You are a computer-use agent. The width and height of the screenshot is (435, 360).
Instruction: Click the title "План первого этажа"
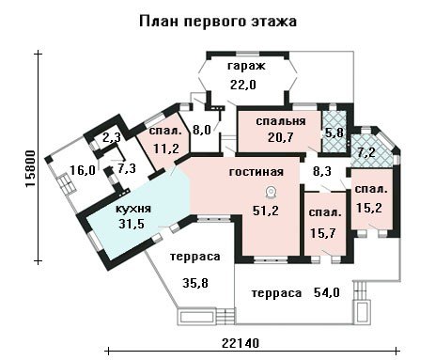pyautogui.click(x=218, y=22)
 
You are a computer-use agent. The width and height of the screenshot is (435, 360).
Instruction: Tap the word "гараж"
pyautogui.click(x=246, y=66)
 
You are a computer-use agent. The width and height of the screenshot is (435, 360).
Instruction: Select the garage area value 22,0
pyautogui.click(x=243, y=85)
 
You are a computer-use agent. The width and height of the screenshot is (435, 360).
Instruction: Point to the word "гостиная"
pyautogui.click(x=256, y=172)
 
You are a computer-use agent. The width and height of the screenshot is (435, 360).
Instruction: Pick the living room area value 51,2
pyautogui.click(x=266, y=211)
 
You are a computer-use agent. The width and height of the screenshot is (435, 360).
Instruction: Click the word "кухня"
pyautogui.click(x=133, y=209)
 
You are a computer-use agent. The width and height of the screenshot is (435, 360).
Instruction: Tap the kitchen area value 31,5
pyautogui.click(x=132, y=224)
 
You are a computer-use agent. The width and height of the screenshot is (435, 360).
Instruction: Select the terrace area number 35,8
pyautogui.click(x=195, y=283)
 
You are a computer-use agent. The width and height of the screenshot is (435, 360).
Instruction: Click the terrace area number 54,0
pyautogui.click(x=327, y=292)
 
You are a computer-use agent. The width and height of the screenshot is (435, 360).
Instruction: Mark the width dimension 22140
pyautogui.click(x=241, y=343)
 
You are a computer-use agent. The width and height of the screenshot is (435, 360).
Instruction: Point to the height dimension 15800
pyautogui.click(x=30, y=169)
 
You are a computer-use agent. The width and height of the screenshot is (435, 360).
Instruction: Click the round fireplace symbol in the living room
pyautogui.click(x=271, y=193)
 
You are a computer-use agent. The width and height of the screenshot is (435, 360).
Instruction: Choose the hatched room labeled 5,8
pyautogui.click(x=334, y=133)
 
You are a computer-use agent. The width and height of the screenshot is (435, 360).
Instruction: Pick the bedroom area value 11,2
pyautogui.click(x=166, y=148)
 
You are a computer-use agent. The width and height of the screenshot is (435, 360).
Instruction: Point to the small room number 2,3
pyautogui.click(x=112, y=137)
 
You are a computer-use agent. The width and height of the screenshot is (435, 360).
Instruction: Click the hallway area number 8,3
pyautogui.click(x=322, y=171)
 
